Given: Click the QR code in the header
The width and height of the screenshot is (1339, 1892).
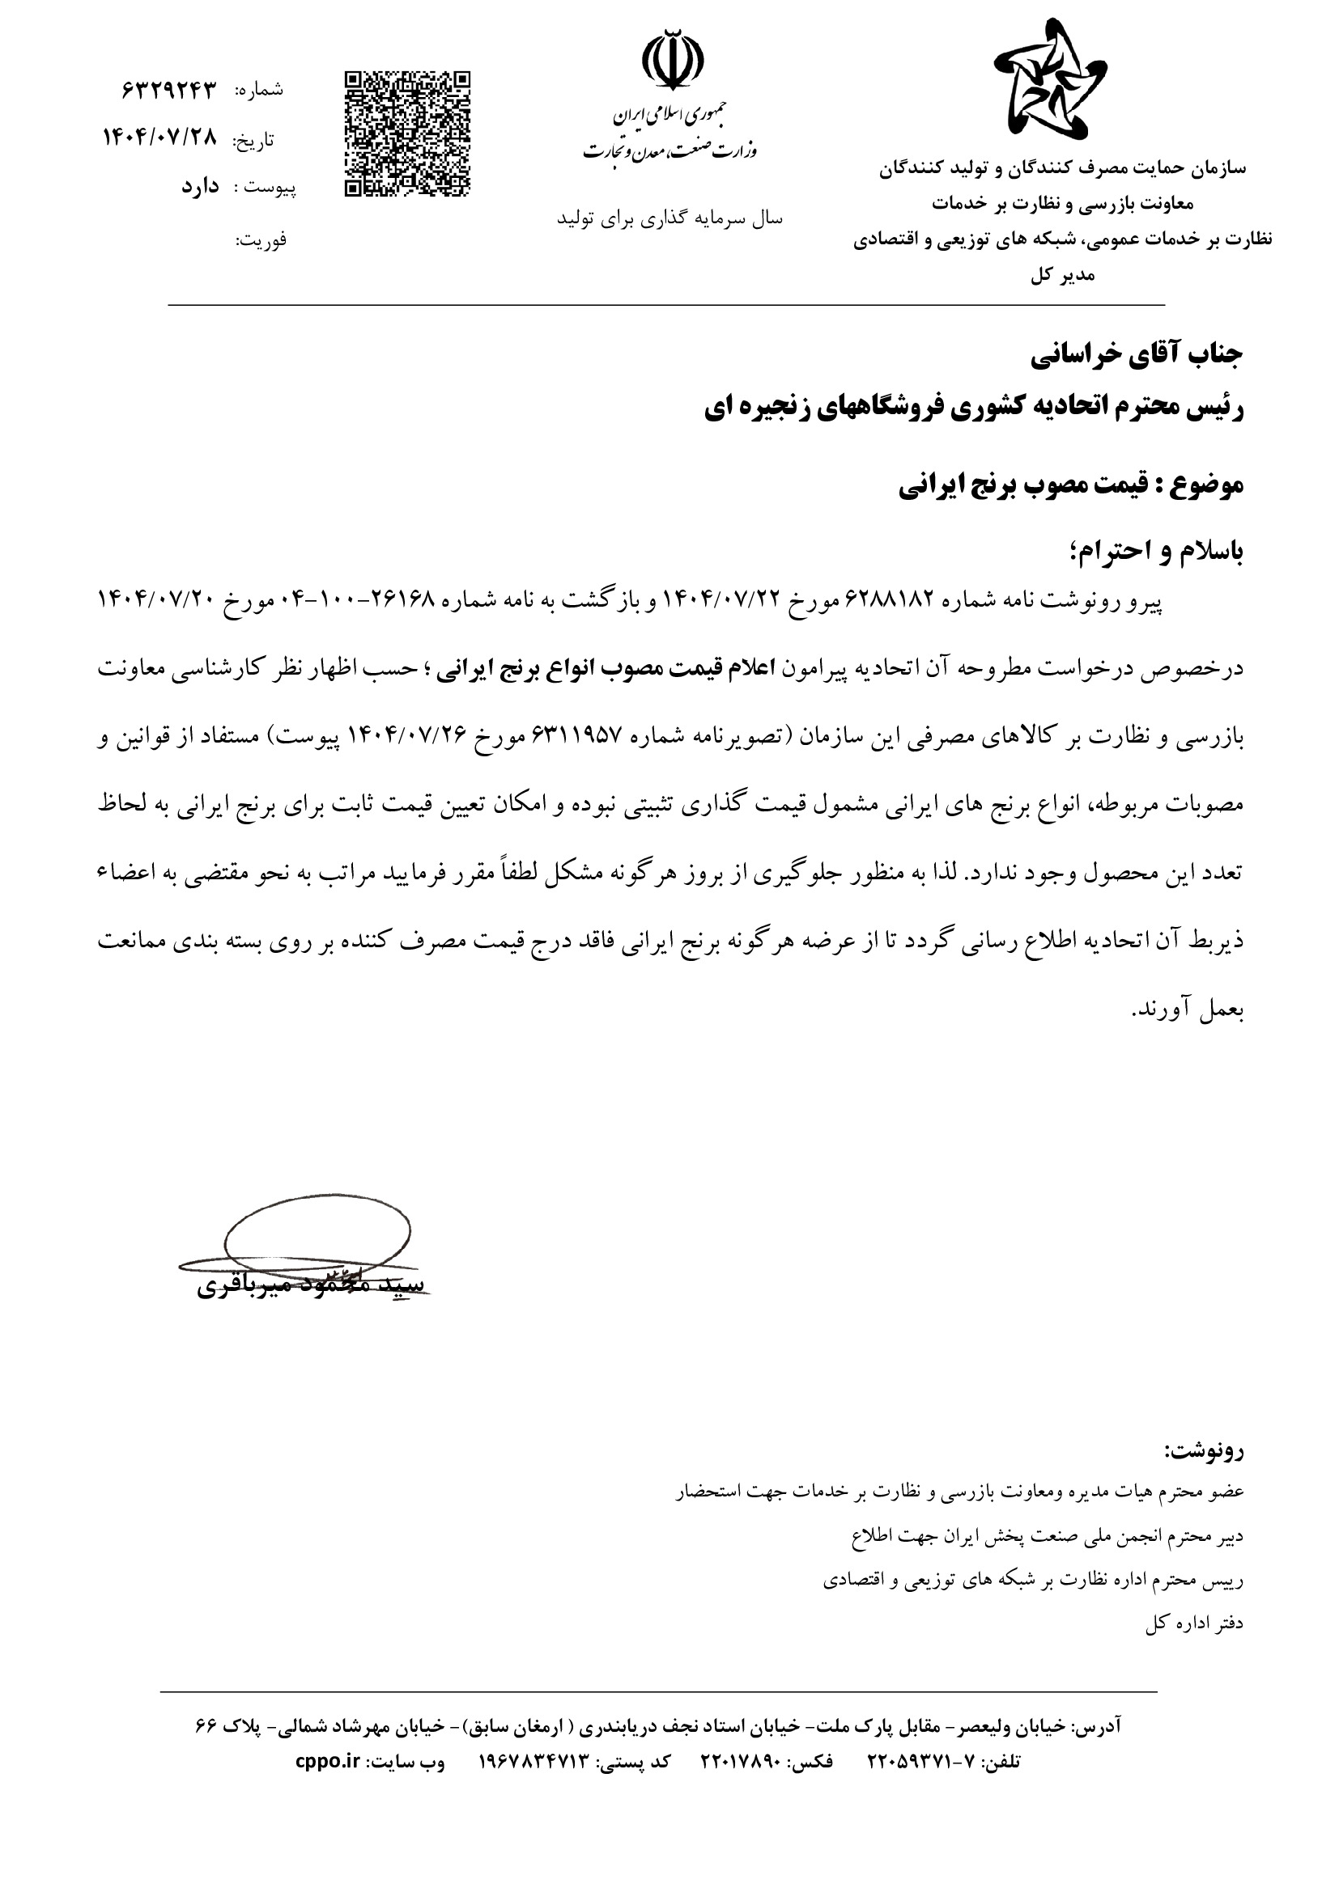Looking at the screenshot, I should tap(406, 133).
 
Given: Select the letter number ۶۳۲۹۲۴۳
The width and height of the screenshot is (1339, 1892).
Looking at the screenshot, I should tap(168, 90).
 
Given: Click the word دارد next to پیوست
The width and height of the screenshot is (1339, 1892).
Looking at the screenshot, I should tap(200, 187).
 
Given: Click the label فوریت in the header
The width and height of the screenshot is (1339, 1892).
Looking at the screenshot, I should tap(261, 240).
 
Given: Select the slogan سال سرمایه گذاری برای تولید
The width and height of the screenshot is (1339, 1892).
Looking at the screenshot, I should tap(669, 218).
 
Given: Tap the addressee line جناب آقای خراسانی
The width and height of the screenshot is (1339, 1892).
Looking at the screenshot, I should tap(1137, 354).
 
